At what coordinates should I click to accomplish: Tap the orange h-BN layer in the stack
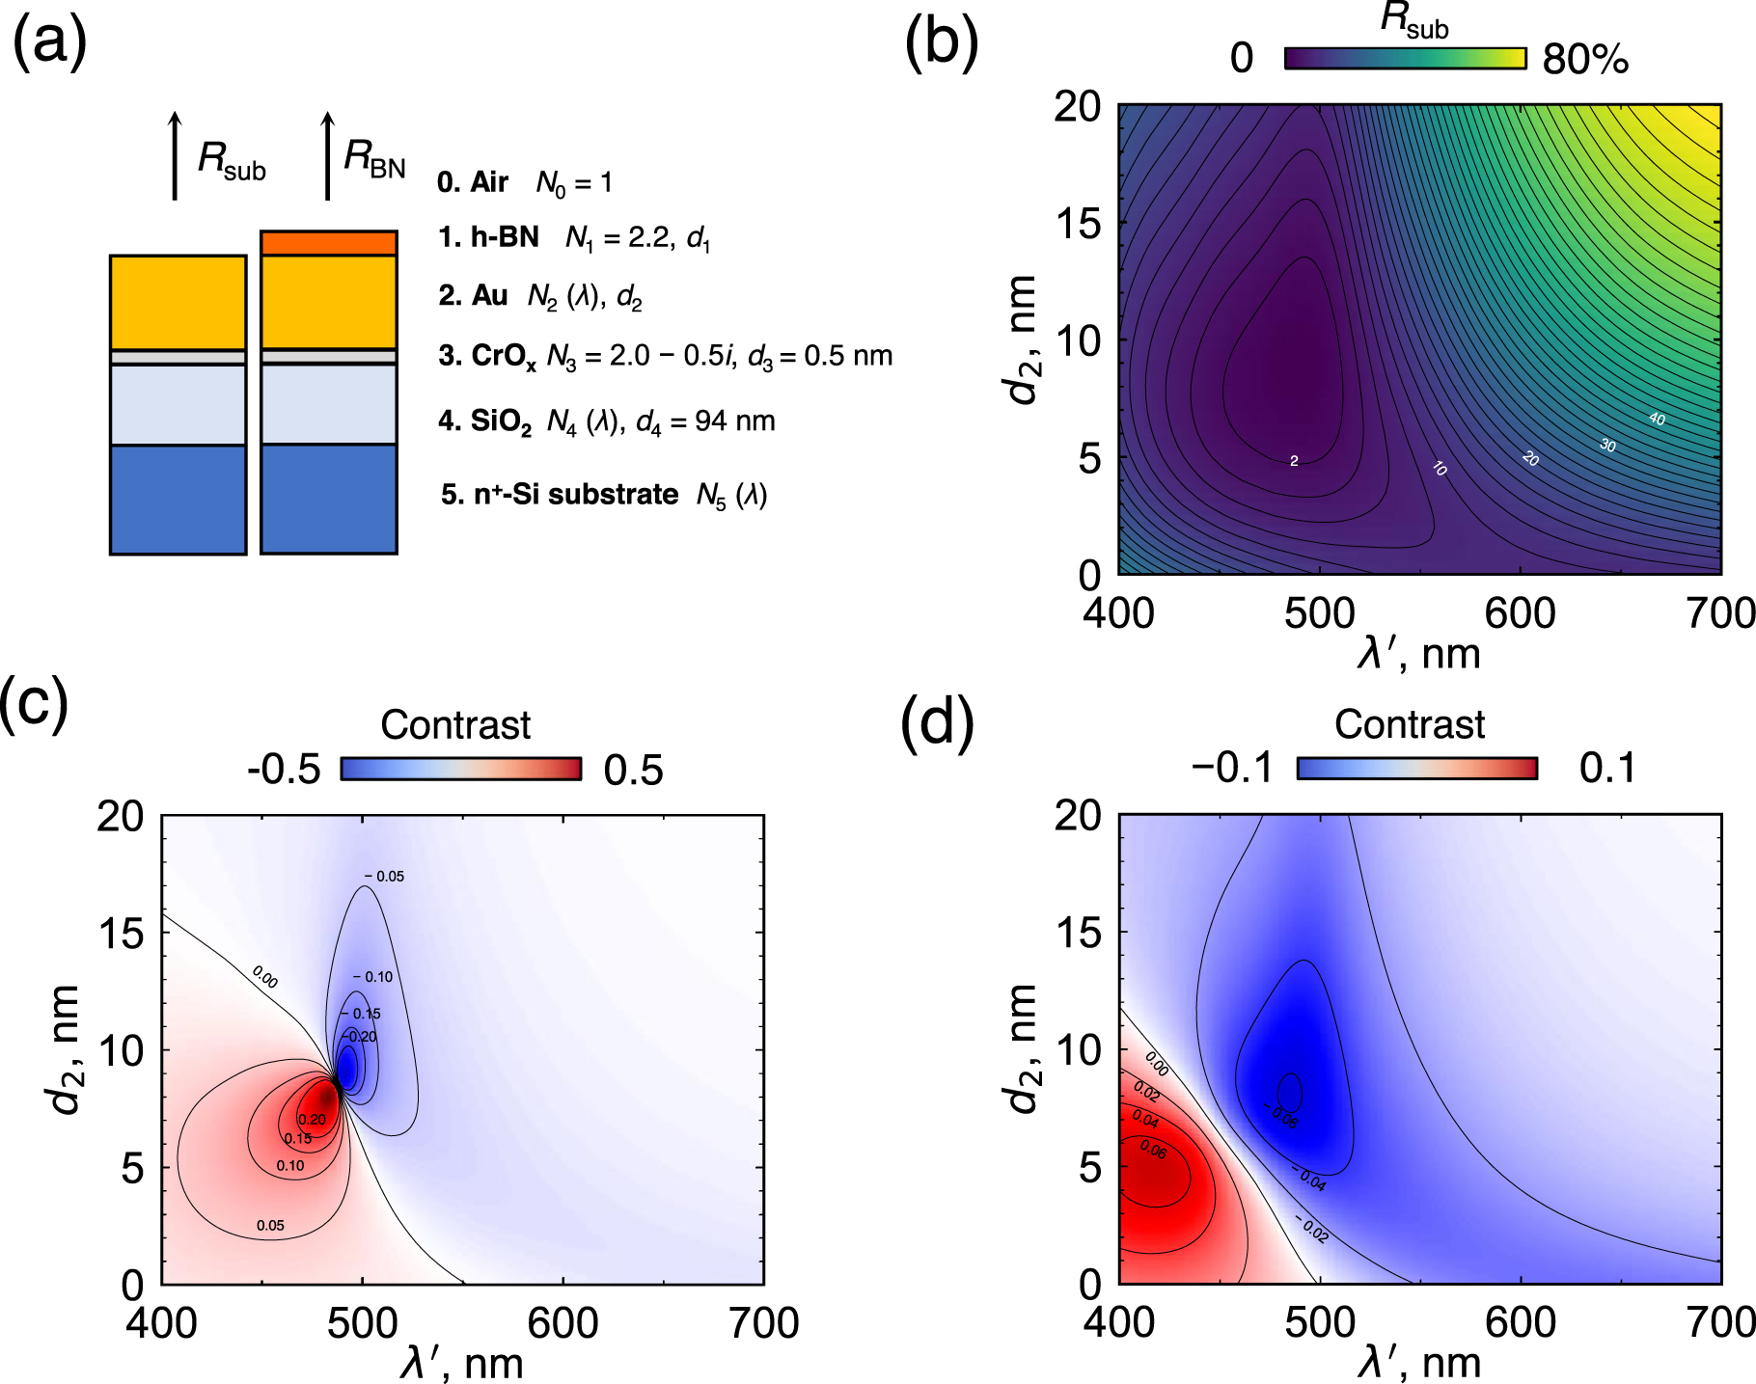tap(329, 243)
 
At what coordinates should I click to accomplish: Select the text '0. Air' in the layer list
tap(473, 181)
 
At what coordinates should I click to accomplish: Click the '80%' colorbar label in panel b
tap(1585, 60)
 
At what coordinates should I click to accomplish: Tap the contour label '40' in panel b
tap(1657, 419)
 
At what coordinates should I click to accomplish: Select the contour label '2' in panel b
tap(1294, 461)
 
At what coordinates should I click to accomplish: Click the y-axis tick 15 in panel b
tap(1077, 224)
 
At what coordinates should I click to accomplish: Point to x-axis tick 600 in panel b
tap(1521, 614)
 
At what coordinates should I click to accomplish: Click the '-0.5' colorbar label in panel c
tap(284, 770)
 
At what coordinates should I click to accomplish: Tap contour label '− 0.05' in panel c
tap(385, 877)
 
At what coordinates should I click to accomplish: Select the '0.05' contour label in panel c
tap(270, 1226)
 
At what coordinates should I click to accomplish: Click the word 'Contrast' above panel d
tap(1410, 724)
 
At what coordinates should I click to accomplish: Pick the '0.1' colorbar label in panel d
tap(1607, 769)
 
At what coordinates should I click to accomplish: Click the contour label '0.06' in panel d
tap(1153, 1149)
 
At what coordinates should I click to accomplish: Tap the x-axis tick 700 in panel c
tap(763, 1324)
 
